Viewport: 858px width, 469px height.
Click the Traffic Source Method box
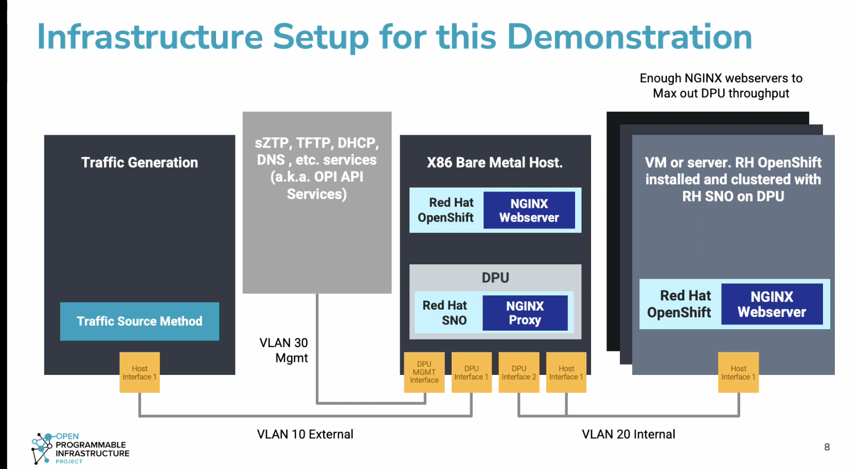[x=139, y=321]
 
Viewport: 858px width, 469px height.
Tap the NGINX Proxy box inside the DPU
[x=525, y=313]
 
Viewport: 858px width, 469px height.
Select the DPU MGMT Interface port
[x=424, y=372]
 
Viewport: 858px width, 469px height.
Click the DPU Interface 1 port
[x=472, y=372]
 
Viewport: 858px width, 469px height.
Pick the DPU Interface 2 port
[x=519, y=372]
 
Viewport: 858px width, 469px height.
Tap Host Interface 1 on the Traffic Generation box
[x=139, y=372]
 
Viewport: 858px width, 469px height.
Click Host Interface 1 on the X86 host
[x=566, y=372]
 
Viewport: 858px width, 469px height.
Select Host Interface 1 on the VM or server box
[x=738, y=372]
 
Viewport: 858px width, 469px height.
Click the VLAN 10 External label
[x=305, y=434]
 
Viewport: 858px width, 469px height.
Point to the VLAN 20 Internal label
[x=628, y=434]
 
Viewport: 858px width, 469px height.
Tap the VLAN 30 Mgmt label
[x=284, y=350]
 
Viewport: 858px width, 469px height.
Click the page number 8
[x=827, y=447]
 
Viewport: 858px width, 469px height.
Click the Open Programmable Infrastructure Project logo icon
[x=42, y=448]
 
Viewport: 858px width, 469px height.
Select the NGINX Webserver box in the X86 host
[x=529, y=210]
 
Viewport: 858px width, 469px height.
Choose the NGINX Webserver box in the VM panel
[x=772, y=304]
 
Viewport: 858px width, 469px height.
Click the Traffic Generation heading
[x=139, y=163]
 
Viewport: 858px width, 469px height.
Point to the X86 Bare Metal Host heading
[x=495, y=163]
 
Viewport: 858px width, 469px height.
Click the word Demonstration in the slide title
[x=629, y=37]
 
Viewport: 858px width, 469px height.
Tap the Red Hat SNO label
[x=445, y=313]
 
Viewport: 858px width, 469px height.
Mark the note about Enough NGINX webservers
[x=721, y=86]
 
